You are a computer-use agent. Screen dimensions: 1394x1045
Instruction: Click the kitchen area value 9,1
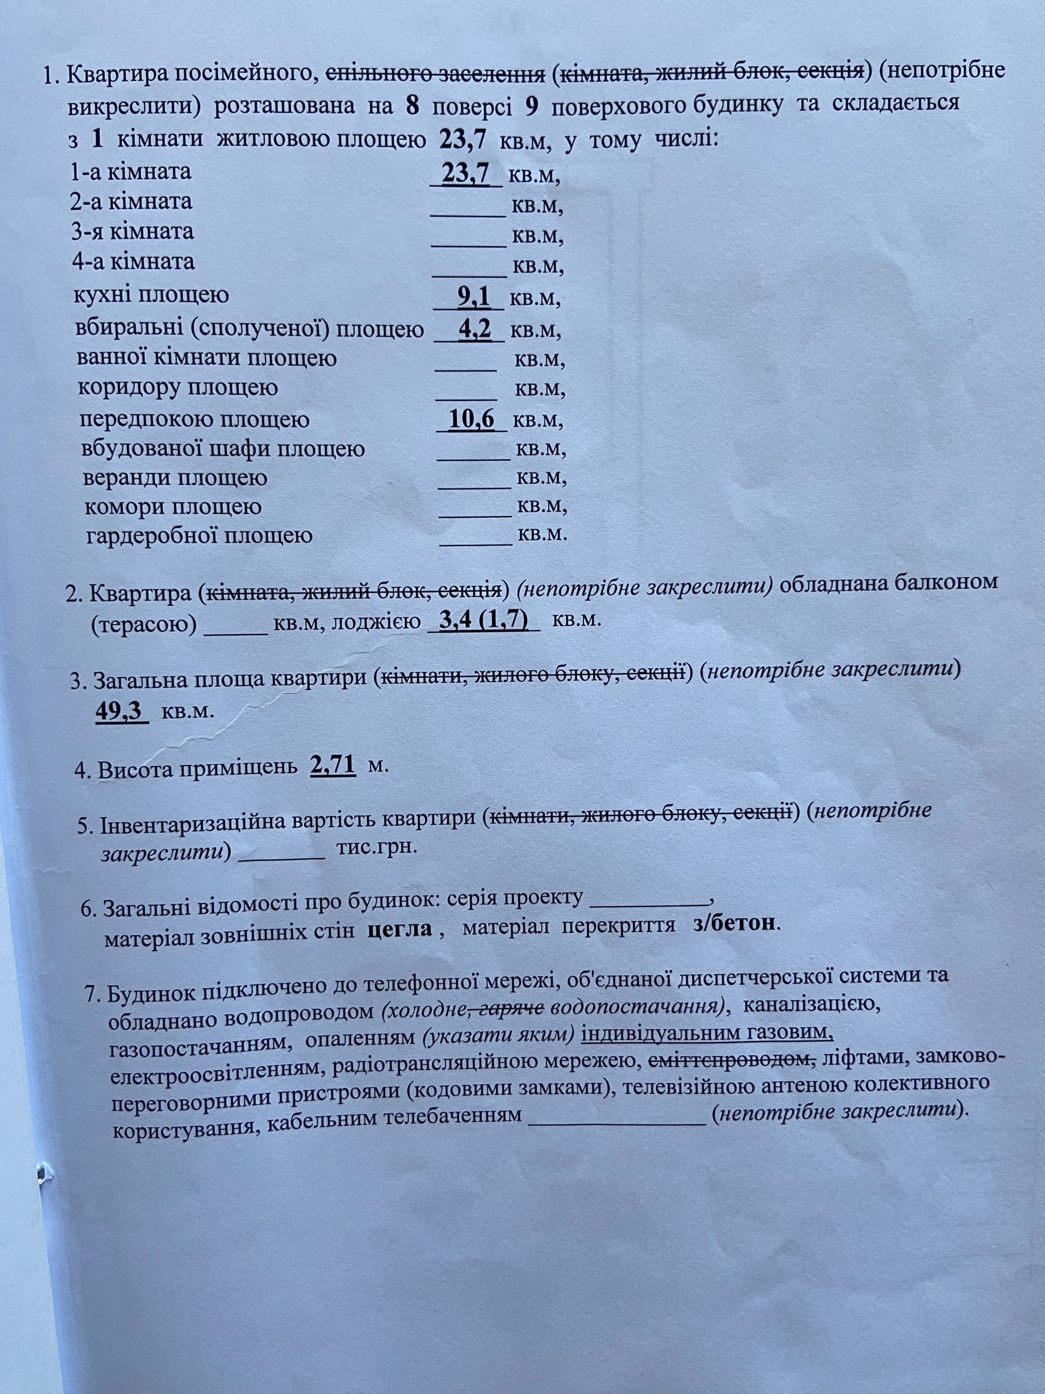pos(474,297)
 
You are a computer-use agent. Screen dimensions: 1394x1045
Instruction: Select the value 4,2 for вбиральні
pos(474,329)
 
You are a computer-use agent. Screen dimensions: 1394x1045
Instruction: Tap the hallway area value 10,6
pos(472,419)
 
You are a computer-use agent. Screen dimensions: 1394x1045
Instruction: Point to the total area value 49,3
pos(120,711)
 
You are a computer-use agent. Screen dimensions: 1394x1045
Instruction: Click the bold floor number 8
pos(413,106)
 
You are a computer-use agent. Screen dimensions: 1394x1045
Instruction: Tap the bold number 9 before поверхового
pos(531,106)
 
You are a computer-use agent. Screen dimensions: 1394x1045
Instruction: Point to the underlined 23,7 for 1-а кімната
pos(465,173)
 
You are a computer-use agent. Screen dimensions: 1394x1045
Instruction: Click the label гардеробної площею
pos(199,536)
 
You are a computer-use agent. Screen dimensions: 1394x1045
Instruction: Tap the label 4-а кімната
pos(133,261)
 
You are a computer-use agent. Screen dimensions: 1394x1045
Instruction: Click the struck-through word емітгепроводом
pos(732,1059)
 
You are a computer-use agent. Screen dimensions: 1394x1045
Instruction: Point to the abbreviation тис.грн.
pos(377,846)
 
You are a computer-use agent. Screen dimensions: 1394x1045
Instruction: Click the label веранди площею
pos(175,478)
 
